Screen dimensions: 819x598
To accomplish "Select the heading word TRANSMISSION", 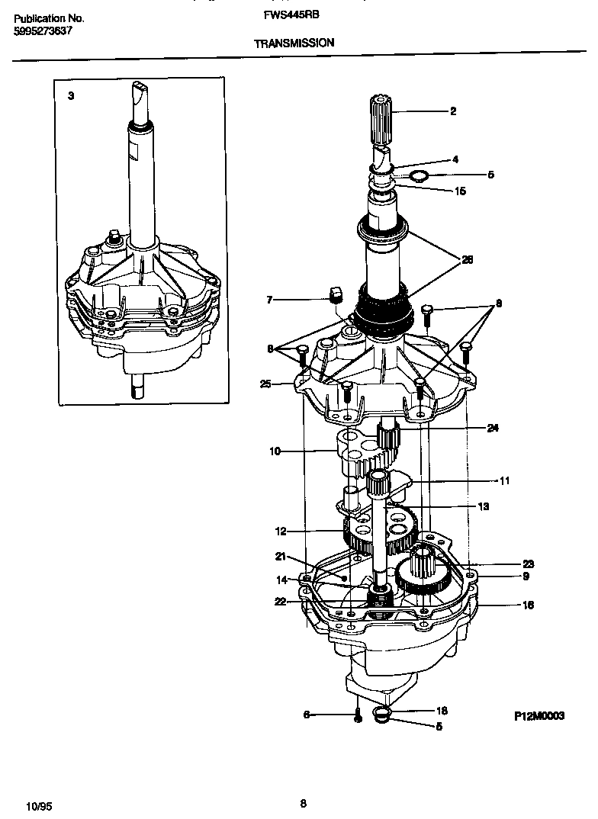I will pos(294,43).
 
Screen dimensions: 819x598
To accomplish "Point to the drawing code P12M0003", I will pos(539,716).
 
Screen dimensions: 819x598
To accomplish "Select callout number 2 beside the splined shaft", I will pos(453,111).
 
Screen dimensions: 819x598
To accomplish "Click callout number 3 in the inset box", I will pos(71,96).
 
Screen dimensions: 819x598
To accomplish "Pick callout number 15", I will pos(460,191).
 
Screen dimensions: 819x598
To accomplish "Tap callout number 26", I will pos(468,260).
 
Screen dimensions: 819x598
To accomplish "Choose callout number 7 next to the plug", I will pos(269,300).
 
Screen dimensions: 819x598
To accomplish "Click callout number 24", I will pos(493,428).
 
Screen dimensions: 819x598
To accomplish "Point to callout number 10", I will pos(275,451).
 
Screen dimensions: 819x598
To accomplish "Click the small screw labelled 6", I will pos(356,715).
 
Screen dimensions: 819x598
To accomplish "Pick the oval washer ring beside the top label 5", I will pos(418,178).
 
